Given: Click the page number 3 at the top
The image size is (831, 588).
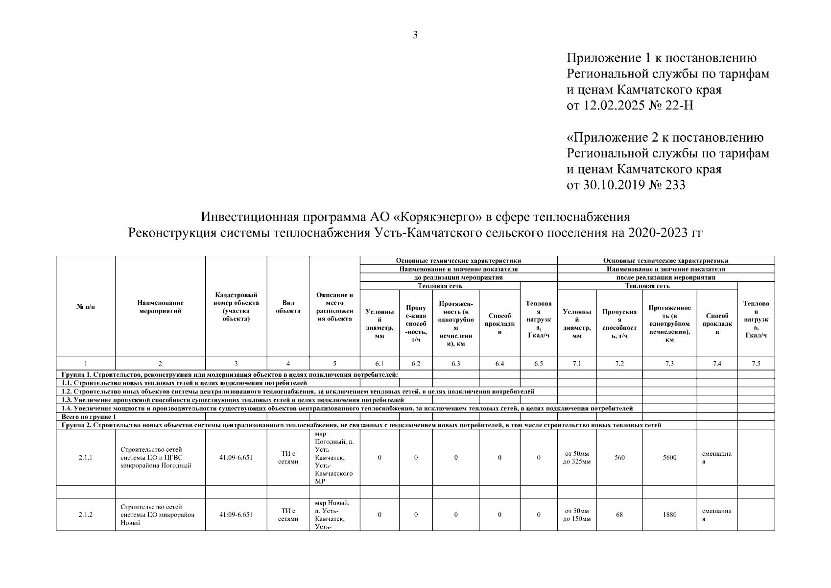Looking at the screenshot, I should click(x=415, y=35).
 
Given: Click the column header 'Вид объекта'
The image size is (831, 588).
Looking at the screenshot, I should click(x=288, y=307).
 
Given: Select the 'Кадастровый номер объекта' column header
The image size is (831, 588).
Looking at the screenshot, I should click(x=236, y=307).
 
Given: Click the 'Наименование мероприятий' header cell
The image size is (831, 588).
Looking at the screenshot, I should click(x=160, y=307).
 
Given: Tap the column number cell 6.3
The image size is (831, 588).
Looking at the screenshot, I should click(x=455, y=364).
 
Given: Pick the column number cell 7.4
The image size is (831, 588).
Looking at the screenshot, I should click(x=717, y=364).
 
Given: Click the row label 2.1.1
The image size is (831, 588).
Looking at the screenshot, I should click(x=85, y=458).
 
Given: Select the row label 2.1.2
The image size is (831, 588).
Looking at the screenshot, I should click(x=85, y=514).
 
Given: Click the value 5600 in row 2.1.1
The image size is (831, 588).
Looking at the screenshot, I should click(x=669, y=458).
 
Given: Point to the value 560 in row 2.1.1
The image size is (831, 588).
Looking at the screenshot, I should click(x=619, y=458).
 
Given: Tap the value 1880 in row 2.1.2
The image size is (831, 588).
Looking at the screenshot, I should click(x=669, y=514).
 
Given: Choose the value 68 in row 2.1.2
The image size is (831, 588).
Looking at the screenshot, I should click(x=619, y=514).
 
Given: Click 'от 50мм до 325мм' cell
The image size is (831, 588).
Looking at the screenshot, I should click(x=577, y=458).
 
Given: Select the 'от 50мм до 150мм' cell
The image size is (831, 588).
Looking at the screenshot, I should click(x=577, y=514).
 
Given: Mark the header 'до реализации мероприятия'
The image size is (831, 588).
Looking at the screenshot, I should click(x=458, y=277).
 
